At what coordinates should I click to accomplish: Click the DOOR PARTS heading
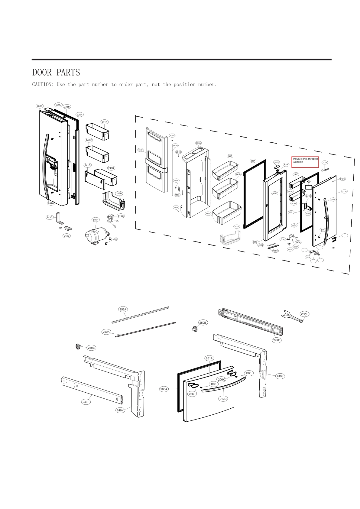point(56,73)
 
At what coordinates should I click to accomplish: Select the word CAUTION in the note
point(43,85)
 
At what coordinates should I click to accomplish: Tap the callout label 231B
point(40,106)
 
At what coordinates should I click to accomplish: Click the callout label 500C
point(58,105)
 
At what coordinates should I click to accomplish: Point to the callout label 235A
point(79,115)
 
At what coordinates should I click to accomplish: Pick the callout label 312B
point(119,193)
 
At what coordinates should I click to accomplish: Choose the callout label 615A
point(96,220)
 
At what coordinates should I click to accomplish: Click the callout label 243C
point(50,217)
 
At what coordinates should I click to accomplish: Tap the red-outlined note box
point(305,162)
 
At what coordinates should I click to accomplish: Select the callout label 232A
point(198,143)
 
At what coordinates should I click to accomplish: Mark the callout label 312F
point(141,150)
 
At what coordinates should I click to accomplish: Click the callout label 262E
point(304,314)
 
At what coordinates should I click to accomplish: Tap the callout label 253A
point(123,309)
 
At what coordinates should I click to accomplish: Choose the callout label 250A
point(106,332)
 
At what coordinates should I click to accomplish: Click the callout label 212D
point(223,399)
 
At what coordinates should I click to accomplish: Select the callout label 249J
point(280,376)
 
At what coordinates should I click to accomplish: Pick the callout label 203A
point(164,389)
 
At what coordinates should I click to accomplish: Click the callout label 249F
point(86,402)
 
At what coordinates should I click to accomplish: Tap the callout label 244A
point(51,203)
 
